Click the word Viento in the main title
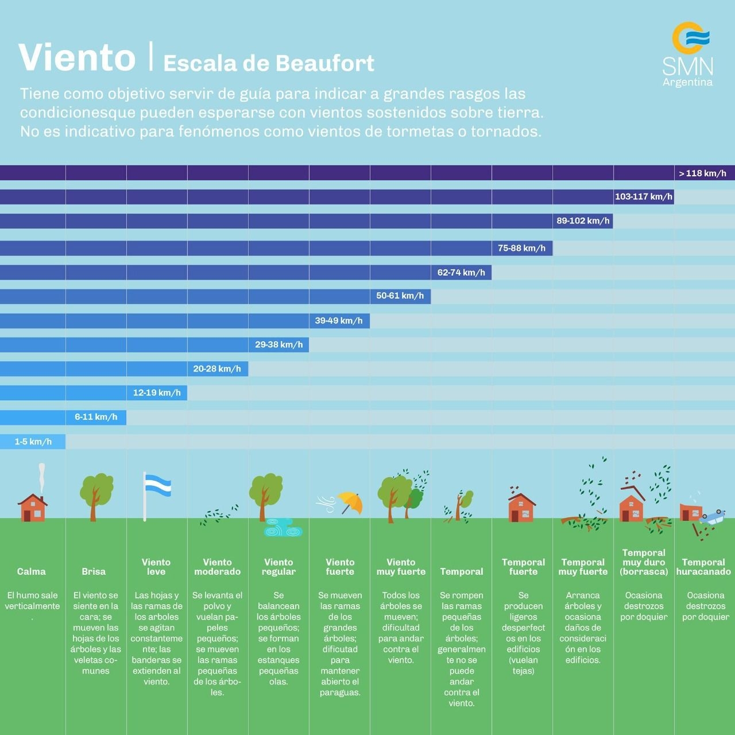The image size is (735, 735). click(x=77, y=57)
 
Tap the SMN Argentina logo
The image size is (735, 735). click(x=688, y=55)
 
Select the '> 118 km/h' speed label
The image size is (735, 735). click(x=702, y=173)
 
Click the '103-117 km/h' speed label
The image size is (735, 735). click(x=643, y=197)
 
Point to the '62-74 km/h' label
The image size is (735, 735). click(x=461, y=273)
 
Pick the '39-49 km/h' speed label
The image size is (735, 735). click(x=339, y=321)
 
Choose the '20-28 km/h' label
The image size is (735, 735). click(x=217, y=369)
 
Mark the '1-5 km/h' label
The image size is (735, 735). click(x=33, y=442)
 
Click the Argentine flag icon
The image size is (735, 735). click(x=156, y=487)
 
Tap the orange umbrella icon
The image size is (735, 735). click(x=350, y=502)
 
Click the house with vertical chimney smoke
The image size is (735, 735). click(x=33, y=507)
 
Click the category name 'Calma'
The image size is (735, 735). click(x=32, y=572)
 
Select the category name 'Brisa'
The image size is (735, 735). click(x=94, y=572)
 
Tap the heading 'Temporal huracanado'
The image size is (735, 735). click(x=703, y=567)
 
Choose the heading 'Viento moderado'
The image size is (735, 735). click(x=217, y=567)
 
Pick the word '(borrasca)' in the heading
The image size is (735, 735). click(x=644, y=572)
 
